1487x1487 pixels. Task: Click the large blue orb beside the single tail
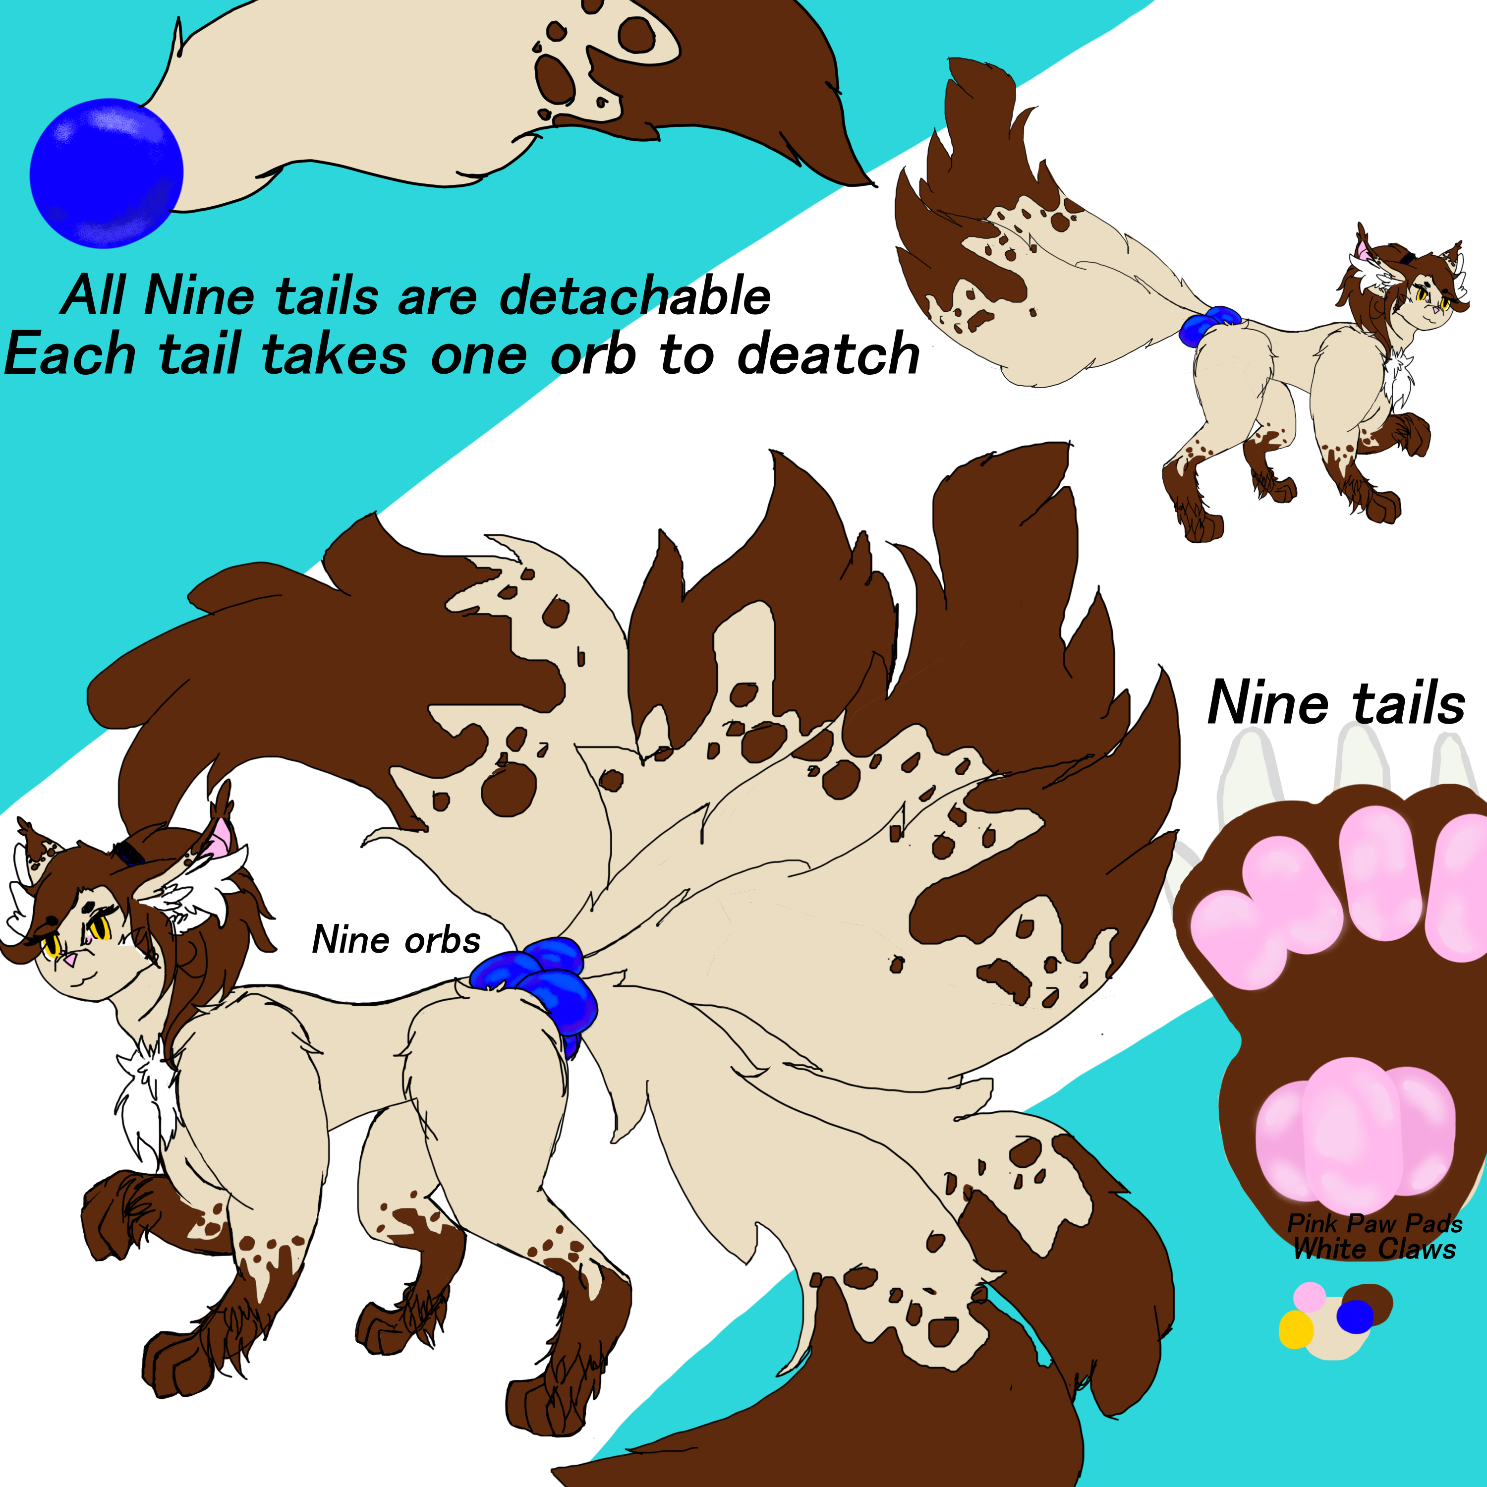[106, 172]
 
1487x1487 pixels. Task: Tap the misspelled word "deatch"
[828, 354]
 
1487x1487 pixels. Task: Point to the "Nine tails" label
[1336, 703]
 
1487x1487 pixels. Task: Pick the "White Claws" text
[1374, 1249]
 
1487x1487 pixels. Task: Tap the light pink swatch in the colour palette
[1309, 1296]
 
